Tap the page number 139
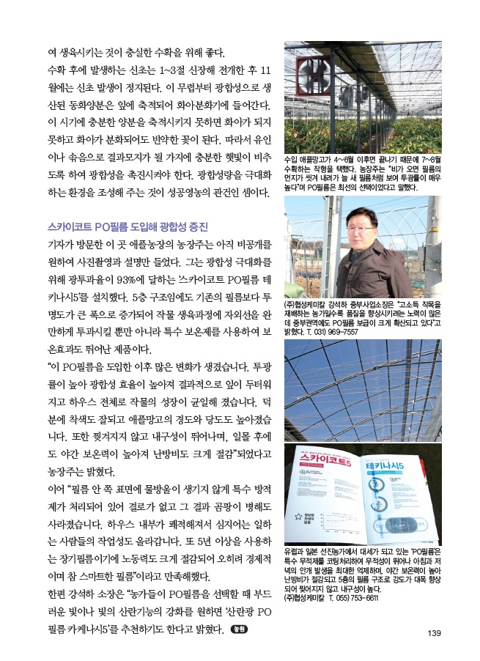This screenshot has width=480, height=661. tap(432, 634)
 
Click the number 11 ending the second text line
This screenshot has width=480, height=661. tap(267, 72)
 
